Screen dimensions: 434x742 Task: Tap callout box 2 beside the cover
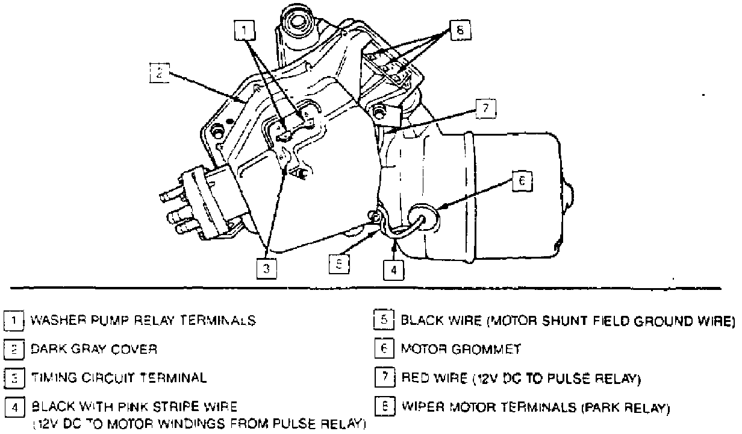click(158, 72)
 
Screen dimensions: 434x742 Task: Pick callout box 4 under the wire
click(393, 270)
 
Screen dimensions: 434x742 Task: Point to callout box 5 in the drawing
click(338, 263)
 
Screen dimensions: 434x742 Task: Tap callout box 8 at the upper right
click(460, 30)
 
